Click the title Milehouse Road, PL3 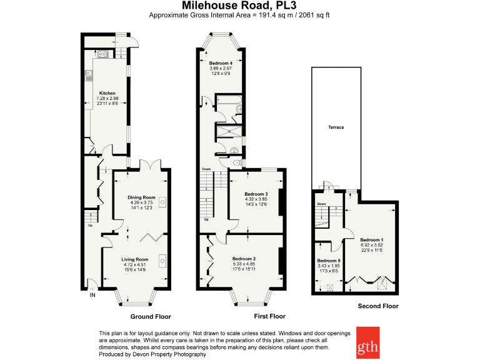[239, 6]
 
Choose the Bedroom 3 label [256, 194]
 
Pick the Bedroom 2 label [244, 259]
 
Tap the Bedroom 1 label [372, 240]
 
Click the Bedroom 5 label [329, 261]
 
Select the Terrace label [336, 127]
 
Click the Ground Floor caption [150, 316]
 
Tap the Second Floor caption [377, 306]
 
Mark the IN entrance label [94, 295]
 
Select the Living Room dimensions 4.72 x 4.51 [134, 265]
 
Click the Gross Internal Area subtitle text [239, 15]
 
